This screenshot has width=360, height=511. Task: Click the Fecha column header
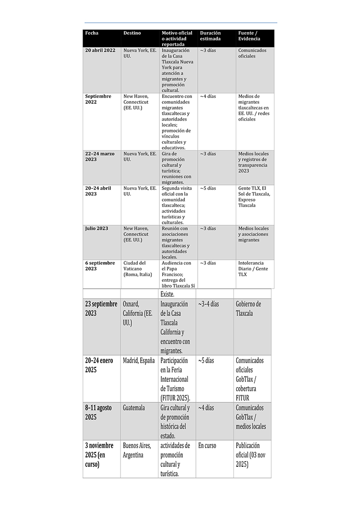click(x=92, y=33)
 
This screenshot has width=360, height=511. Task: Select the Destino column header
click(x=132, y=33)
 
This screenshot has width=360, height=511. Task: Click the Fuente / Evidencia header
click(x=249, y=36)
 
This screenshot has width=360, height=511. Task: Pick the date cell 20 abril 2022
click(x=100, y=50)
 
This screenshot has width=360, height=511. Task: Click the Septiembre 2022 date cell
click(x=98, y=99)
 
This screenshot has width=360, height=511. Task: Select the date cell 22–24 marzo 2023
click(x=100, y=157)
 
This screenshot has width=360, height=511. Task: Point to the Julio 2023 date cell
click(x=96, y=229)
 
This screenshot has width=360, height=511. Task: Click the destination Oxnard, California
click(x=139, y=314)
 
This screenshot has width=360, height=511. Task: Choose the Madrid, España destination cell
click(x=139, y=361)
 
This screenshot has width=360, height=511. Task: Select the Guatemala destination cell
click(x=134, y=408)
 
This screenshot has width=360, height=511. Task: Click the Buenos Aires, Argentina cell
click(x=137, y=450)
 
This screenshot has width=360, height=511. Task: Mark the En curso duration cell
click(x=207, y=446)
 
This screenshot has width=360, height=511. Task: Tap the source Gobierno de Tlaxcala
click(x=249, y=308)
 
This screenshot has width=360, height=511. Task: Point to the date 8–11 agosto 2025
click(x=98, y=412)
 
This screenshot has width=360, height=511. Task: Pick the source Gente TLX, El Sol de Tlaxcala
click(x=254, y=196)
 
